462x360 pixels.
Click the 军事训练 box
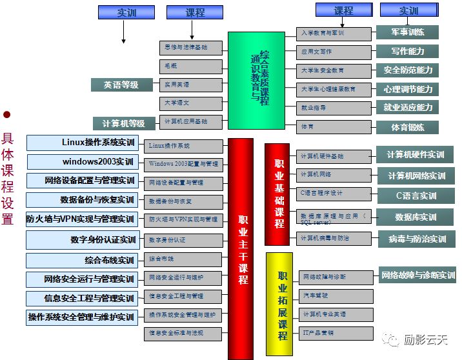[407, 32]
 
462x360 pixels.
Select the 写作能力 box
[407, 51]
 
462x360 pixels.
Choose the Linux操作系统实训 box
[81, 143]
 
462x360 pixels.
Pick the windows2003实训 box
[81, 161]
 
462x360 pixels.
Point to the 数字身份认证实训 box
[81, 240]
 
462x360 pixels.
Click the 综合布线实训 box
[81, 261]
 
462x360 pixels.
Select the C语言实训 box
[416, 195]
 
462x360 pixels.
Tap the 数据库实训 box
[416, 217]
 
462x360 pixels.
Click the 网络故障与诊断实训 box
[417, 276]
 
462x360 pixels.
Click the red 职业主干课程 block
[241, 248]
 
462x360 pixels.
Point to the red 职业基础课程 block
[277, 194]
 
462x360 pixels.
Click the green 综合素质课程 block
[256, 80]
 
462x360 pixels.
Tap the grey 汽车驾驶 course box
[336, 295]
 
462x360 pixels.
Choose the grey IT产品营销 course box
[336, 333]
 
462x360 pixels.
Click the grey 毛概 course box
[191, 66]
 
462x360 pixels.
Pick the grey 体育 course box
[334, 126]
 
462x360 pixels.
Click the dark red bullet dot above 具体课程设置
[7, 115]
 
